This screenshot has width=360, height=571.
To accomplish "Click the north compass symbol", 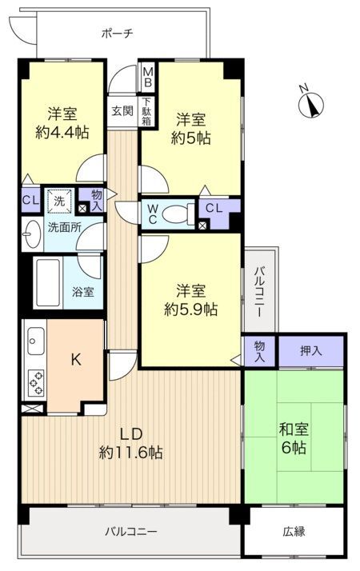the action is (x=311, y=105).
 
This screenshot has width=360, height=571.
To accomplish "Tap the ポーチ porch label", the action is (x=118, y=34).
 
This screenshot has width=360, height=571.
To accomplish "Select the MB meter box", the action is (x=147, y=78).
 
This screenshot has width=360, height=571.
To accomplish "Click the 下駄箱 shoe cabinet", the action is (x=146, y=111).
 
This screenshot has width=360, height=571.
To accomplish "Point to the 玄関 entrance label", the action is (x=122, y=111).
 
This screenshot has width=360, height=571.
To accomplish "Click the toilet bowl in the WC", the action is (x=178, y=214).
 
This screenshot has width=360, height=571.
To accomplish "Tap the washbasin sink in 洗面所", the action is (x=31, y=234).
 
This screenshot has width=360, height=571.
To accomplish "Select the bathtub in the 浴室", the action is (x=47, y=282).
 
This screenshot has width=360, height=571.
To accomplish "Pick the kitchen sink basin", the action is (x=36, y=341).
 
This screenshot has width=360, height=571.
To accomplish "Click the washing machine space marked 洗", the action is (x=59, y=201).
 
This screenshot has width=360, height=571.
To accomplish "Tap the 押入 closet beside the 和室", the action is (x=311, y=351).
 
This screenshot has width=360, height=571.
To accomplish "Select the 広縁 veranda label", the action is (x=294, y=531).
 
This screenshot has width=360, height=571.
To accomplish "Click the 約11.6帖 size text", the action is (x=130, y=453).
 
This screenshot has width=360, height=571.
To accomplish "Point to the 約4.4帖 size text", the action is (x=62, y=132).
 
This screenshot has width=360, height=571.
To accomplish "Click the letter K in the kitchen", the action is (x=76, y=360).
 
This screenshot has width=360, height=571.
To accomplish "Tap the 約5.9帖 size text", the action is (x=190, y=309).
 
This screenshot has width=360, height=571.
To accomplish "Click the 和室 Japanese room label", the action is (x=294, y=429).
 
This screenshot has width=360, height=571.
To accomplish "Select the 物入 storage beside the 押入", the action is (x=259, y=351).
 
